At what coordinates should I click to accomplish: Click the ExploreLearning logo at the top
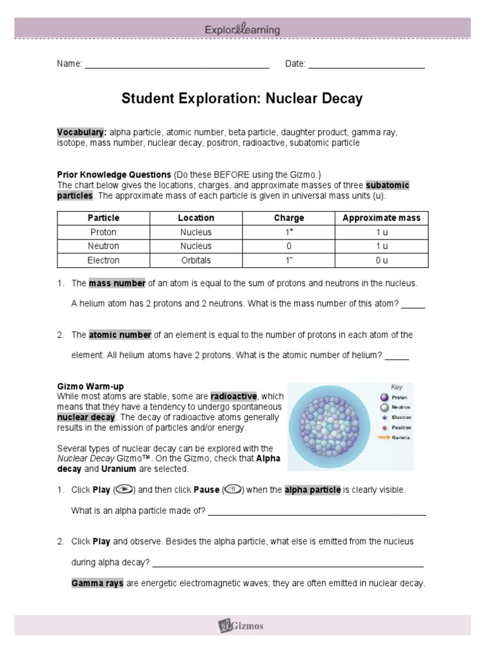tap(242, 29)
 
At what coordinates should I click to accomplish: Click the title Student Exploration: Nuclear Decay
tap(242, 99)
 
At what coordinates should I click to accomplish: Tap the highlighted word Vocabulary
tap(81, 133)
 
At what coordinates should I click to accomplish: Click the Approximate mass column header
tap(381, 218)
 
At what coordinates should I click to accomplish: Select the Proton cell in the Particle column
tap(104, 232)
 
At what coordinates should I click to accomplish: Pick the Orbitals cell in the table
tap(196, 260)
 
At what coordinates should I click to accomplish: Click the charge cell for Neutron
tap(289, 246)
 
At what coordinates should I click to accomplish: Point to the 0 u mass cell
tap(381, 260)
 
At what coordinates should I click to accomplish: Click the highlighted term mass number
tap(117, 283)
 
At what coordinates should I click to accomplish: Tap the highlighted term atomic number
tap(120, 335)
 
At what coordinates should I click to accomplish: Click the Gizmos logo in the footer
tap(242, 626)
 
